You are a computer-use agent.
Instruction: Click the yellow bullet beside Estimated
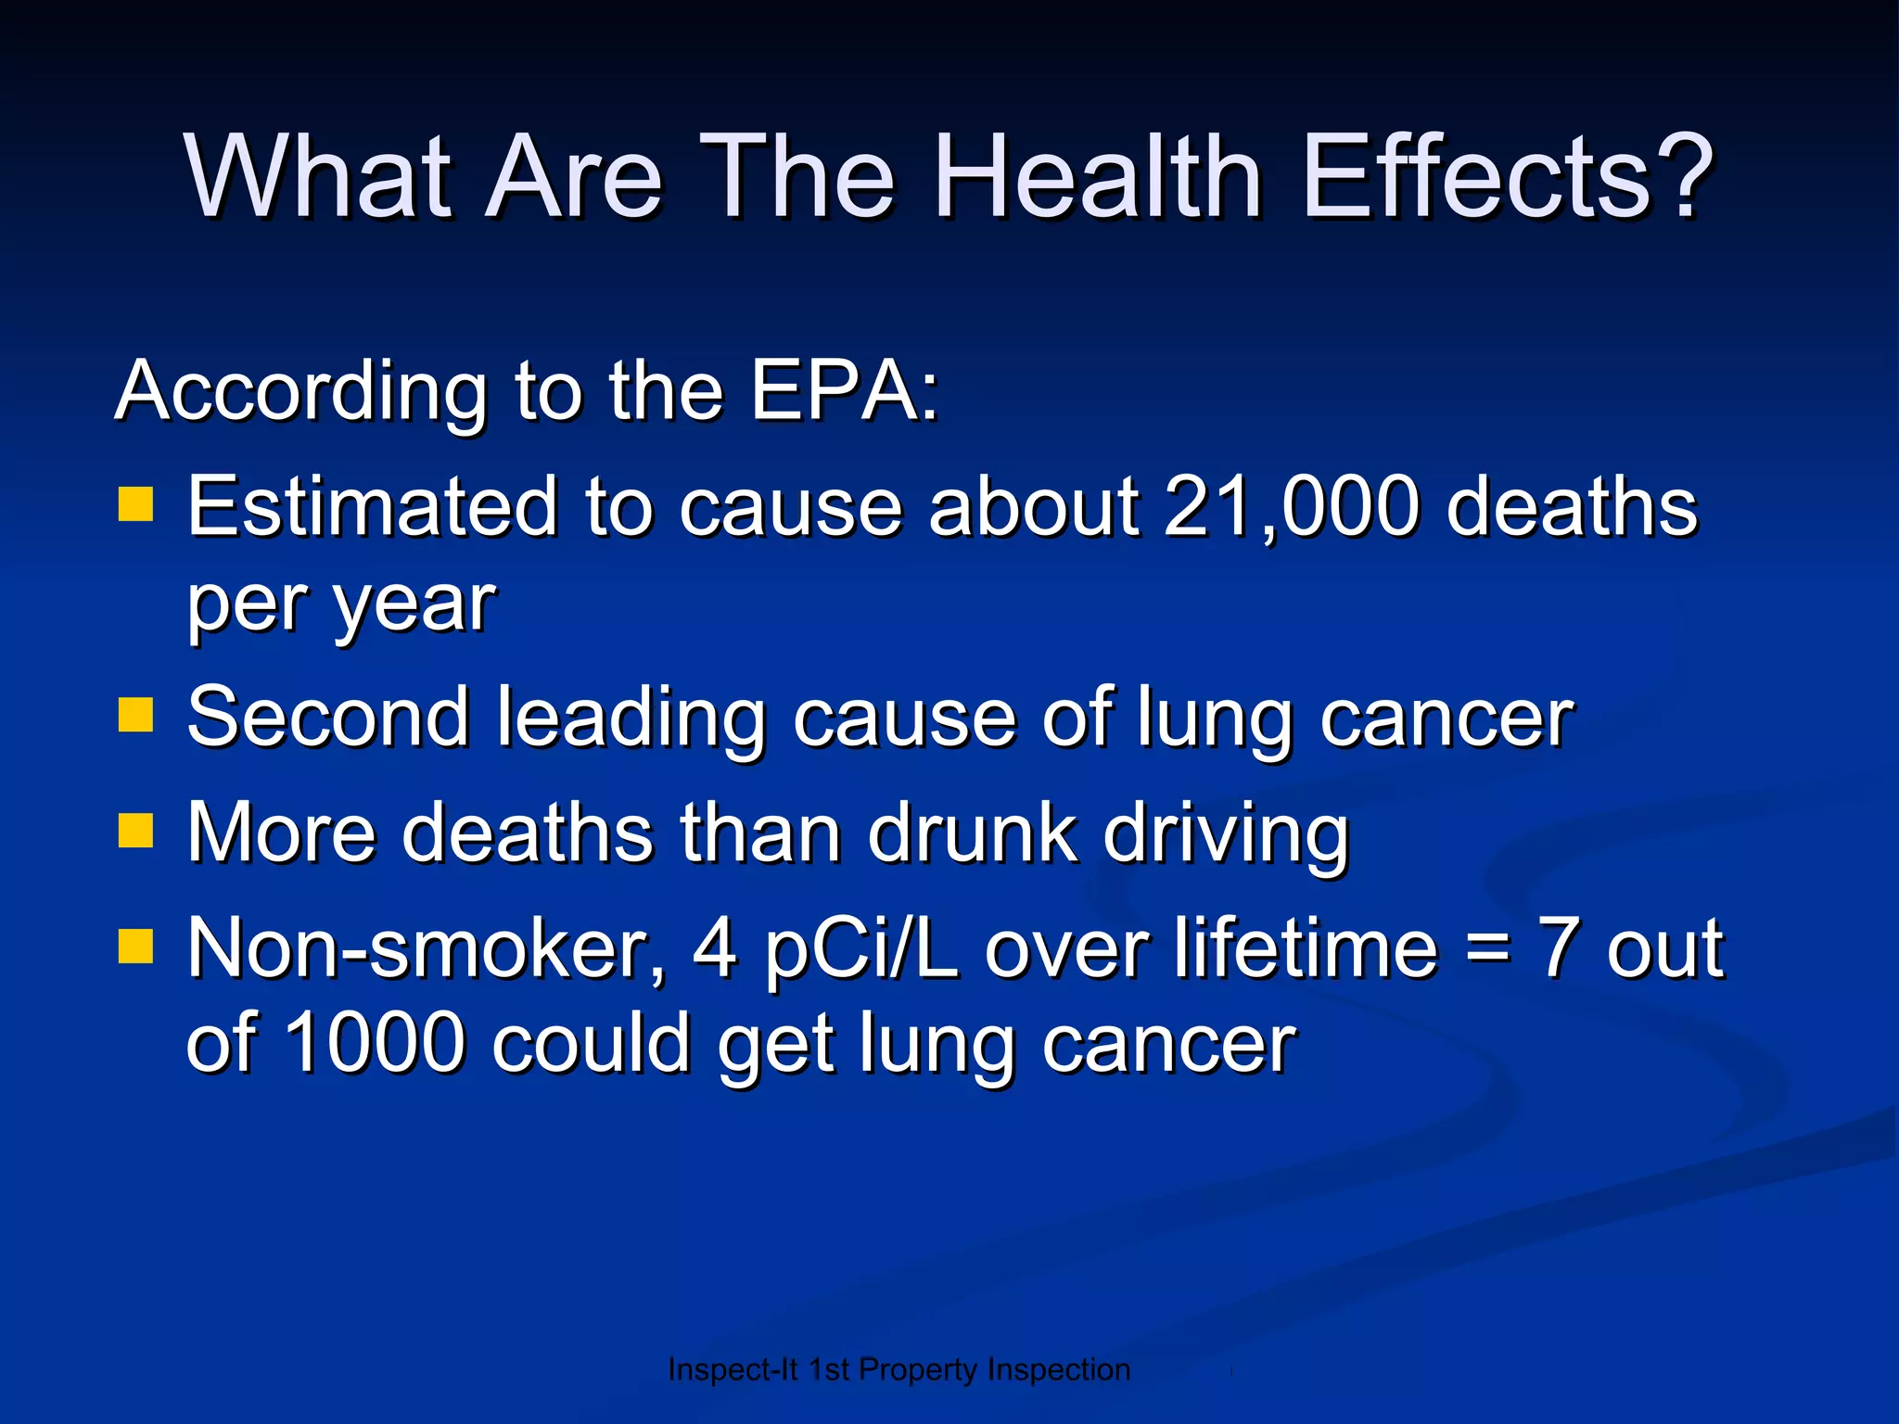pos(135,505)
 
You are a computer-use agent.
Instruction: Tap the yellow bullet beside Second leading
pos(135,715)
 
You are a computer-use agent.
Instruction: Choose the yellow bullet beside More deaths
pos(135,831)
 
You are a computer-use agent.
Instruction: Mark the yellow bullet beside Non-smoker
pos(135,947)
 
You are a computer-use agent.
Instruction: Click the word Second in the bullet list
pos(328,717)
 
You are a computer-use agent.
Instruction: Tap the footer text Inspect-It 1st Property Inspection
pos(899,1369)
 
